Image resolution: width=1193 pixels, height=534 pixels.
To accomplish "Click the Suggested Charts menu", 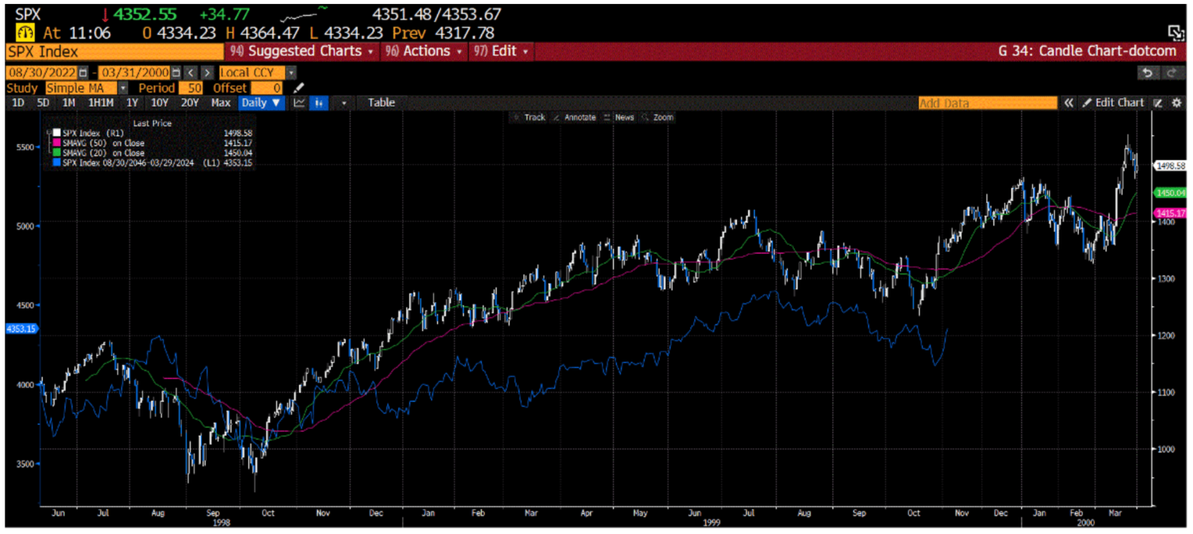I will click(x=303, y=51).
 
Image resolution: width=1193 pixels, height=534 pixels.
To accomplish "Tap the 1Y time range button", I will click(x=132, y=103).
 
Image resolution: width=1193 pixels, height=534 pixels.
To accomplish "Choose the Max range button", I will click(x=221, y=103).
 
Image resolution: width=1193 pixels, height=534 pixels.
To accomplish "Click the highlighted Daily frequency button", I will click(x=260, y=103).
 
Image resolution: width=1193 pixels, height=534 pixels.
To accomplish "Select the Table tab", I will click(x=381, y=103).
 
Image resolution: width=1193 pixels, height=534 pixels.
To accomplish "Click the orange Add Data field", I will click(x=986, y=103).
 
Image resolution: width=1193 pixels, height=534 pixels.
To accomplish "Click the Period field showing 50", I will click(x=190, y=88).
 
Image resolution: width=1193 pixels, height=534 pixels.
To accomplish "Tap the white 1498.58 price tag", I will click(x=1170, y=166).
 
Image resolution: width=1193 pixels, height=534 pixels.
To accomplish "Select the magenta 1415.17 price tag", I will click(x=1170, y=213).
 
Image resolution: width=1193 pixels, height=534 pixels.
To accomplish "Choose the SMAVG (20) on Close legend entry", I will click(x=98, y=152).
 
